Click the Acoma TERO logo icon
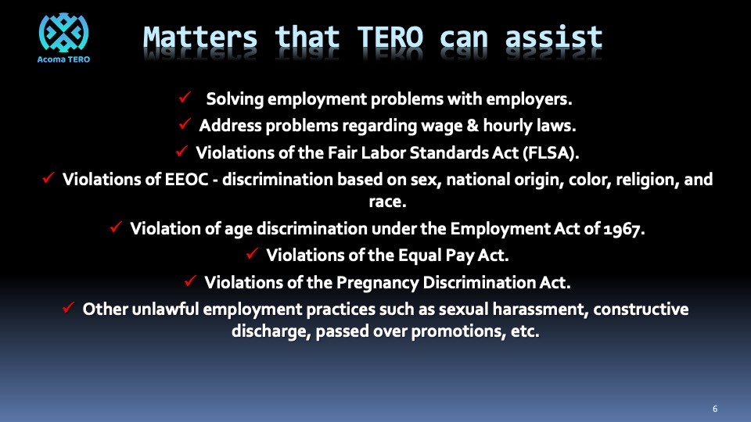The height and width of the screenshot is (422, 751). tap(63, 33)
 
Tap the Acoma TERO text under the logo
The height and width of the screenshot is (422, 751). tap(63, 59)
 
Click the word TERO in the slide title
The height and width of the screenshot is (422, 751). tap(390, 38)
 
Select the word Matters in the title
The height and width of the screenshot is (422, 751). tap(200, 38)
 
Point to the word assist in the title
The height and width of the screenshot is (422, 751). tap(554, 38)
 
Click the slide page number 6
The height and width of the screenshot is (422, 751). tap(715, 409)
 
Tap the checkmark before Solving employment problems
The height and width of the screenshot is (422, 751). tap(185, 97)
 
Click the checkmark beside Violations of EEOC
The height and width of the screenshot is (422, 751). tap(49, 177)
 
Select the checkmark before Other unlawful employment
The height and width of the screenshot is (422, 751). tap(69, 307)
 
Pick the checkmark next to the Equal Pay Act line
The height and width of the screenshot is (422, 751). tap(253, 253)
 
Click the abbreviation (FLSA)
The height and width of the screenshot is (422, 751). tap(551, 152)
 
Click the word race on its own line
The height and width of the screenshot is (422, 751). tap(387, 202)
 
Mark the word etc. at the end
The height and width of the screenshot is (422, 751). tap(525, 331)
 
